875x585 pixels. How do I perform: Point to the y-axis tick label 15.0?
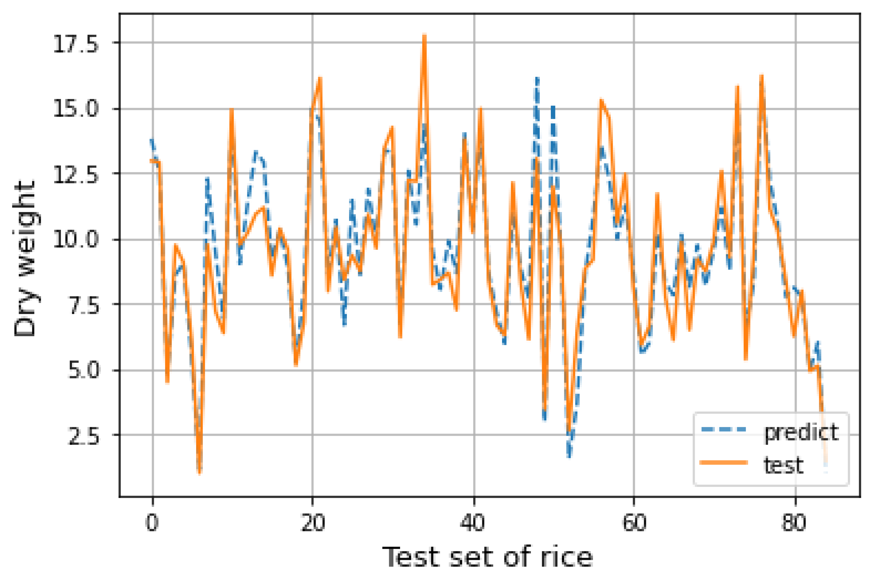(76, 109)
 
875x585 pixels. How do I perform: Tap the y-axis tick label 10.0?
(76, 240)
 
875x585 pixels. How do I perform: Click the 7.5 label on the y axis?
(83, 306)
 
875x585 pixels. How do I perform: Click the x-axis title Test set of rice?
(487, 558)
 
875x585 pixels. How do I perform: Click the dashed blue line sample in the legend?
(724, 430)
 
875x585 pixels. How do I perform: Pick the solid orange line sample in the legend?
(724, 463)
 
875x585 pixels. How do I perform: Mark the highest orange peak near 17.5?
(424, 35)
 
